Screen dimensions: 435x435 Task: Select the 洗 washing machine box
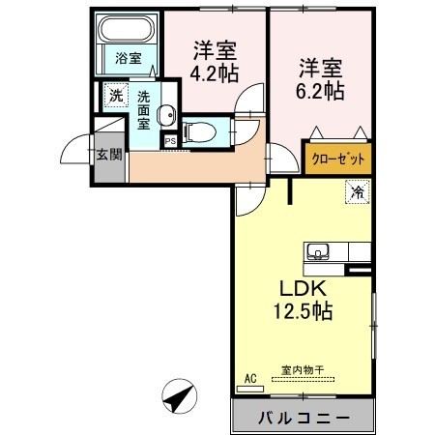[115, 96]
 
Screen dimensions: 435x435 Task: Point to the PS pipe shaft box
[170, 141]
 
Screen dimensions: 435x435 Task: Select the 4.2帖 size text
[215, 71]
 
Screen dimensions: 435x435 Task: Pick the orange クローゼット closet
[337, 159]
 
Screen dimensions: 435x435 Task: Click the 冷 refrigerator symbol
[355, 192]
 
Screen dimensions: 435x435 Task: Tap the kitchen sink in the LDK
[319, 253]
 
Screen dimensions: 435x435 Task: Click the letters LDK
[305, 290]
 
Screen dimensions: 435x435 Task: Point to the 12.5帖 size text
[305, 312]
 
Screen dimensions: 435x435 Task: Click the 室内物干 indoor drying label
[302, 368]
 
